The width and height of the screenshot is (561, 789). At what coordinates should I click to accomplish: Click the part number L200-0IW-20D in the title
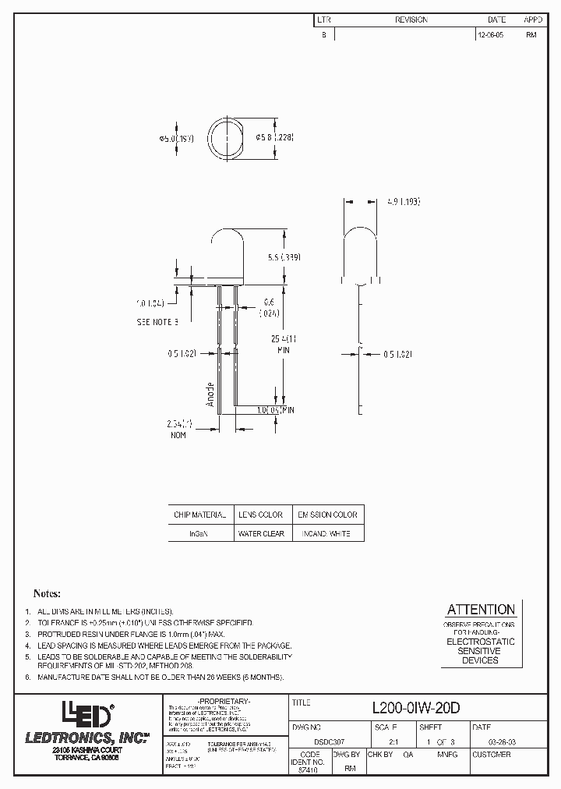tap(416, 707)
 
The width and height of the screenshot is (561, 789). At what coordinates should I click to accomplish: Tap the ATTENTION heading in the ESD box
tap(480, 610)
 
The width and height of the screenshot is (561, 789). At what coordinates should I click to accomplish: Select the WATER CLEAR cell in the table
tap(261, 533)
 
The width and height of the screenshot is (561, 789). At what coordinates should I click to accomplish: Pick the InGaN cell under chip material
tap(199, 533)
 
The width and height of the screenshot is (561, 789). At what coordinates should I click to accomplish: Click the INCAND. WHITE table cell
tap(328, 533)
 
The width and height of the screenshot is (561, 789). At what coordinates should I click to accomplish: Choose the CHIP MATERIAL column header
tap(199, 515)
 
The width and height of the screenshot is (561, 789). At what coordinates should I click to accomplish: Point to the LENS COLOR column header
tap(261, 515)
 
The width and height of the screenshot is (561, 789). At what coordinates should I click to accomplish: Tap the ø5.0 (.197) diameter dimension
tap(176, 138)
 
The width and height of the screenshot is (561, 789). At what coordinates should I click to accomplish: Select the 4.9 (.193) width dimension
tap(403, 201)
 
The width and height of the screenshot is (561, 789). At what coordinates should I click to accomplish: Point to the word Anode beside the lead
tap(210, 394)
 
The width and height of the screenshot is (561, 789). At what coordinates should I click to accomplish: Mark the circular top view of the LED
tap(226, 138)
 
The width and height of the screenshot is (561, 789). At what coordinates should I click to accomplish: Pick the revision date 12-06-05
tap(490, 35)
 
